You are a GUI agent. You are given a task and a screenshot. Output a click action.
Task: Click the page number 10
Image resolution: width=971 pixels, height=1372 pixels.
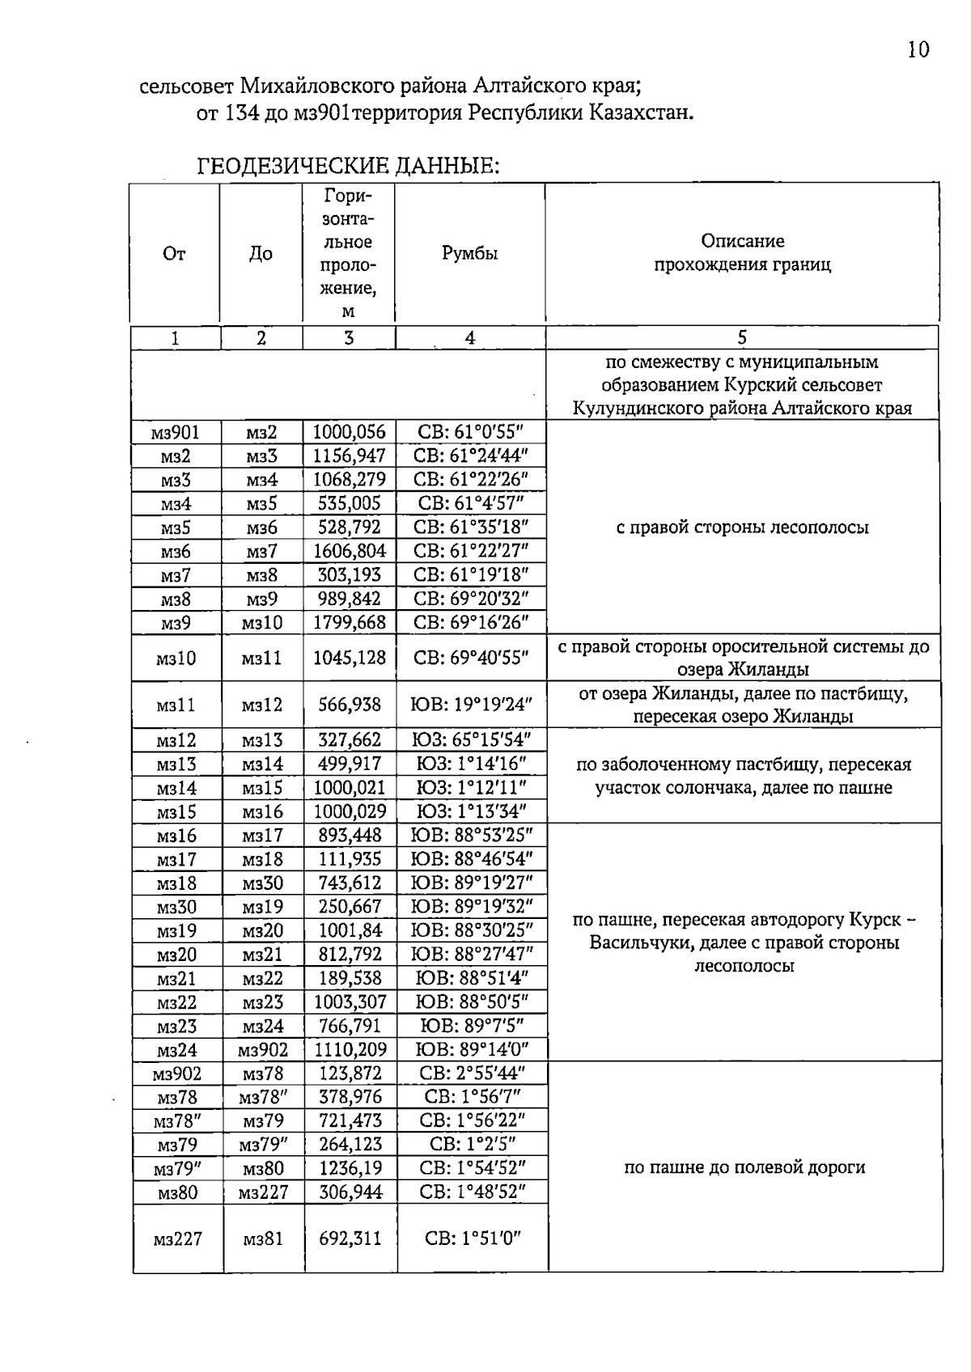[918, 50]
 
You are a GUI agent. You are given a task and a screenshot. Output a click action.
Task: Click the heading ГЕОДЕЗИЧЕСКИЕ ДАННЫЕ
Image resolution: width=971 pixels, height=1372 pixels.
[348, 167]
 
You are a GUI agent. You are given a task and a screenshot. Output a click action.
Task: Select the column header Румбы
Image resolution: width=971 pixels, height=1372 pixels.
[469, 253]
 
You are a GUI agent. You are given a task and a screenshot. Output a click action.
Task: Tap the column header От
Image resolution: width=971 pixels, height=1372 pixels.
[174, 253]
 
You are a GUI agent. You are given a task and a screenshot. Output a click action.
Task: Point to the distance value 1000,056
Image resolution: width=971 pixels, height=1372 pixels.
[350, 432]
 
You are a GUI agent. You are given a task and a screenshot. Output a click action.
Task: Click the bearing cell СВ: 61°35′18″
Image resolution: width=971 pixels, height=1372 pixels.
[470, 527]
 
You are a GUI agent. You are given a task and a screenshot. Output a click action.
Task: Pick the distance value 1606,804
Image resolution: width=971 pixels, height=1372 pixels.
[350, 552]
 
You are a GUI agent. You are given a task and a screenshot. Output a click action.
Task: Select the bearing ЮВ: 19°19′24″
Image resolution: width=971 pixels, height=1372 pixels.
[470, 705]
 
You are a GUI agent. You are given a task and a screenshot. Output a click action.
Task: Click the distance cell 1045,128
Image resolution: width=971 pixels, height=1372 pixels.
[350, 658]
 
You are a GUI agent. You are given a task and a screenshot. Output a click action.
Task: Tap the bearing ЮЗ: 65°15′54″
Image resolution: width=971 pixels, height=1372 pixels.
[470, 740]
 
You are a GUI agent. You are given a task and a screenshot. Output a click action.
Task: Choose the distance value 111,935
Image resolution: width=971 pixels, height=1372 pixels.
[350, 859]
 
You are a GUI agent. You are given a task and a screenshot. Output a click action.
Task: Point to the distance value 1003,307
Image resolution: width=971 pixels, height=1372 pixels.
[350, 1002]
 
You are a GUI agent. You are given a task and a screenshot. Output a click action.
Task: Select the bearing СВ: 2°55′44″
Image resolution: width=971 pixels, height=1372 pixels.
[472, 1073]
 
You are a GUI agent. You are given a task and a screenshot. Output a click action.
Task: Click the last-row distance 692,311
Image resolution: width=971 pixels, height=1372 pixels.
[350, 1239]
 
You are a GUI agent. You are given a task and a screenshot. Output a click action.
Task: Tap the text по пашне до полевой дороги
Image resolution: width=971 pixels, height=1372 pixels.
[744, 1167]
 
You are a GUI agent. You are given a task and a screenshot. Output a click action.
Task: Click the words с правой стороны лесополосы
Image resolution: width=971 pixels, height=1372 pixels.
[742, 527]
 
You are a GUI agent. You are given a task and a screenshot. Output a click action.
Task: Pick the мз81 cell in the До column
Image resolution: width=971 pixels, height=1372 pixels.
[263, 1239]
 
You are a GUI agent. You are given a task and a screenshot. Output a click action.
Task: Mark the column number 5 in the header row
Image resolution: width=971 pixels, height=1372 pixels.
[742, 338]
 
